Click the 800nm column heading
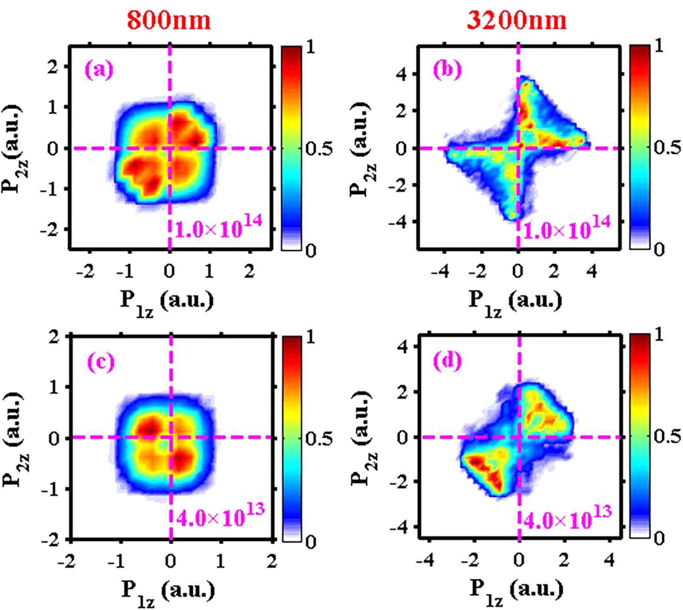tap(169, 20)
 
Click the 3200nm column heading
tap(516, 20)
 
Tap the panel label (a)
tap(99, 69)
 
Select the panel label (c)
tap(101, 361)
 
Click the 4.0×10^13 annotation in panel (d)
tap(568, 517)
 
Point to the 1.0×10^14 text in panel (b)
tap(567, 227)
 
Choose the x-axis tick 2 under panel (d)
tap(563, 560)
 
